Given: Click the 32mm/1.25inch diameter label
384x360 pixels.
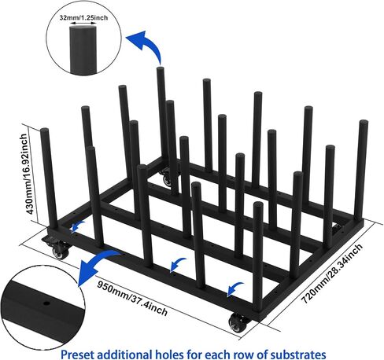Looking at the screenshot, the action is coord(83,18).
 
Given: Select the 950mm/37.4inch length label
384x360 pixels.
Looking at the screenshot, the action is coord(132,298).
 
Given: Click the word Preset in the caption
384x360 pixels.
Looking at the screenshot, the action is coord(77,354).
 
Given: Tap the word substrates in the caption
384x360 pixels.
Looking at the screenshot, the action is coord(298,354).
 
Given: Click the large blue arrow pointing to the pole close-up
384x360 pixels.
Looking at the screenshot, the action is coord(150,45).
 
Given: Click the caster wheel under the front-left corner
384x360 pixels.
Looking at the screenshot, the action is coord(61,252).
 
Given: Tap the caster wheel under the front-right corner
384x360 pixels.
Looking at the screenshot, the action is coord(238,323).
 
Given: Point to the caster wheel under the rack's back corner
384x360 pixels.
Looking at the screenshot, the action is coord(167,179).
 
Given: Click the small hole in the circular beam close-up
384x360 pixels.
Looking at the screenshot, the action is coord(46,303).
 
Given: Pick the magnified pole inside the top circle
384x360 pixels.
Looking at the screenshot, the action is coord(83,50).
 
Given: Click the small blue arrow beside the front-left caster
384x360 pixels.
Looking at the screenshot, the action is coord(78,226).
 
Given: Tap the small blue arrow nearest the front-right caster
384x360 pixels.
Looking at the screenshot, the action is coord(234,288).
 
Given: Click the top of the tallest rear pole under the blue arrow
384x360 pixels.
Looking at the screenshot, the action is coord(161,69).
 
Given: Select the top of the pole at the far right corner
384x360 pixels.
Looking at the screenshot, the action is coord(364,123).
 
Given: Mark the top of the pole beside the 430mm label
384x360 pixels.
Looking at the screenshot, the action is coord(45,130).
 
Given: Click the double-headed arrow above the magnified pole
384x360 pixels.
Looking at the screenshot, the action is coord(83,24).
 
